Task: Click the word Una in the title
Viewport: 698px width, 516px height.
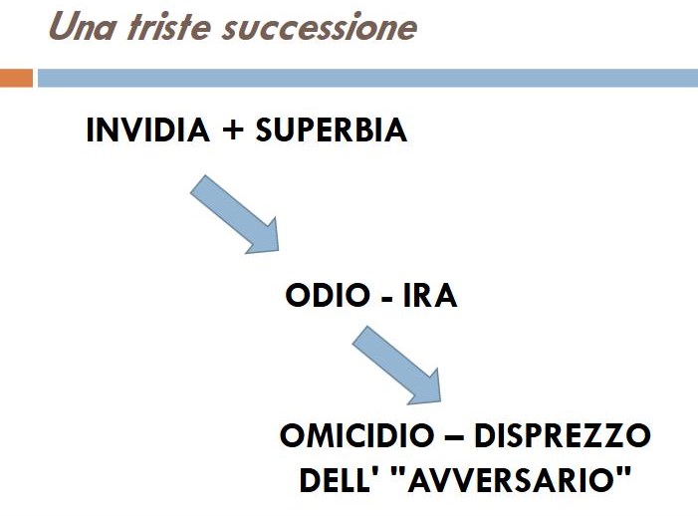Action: click(82, 26)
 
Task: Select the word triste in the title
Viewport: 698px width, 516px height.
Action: click(168, 26)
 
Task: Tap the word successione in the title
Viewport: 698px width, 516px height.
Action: click(320, 27)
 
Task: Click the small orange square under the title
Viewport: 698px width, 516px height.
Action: click(16, 78)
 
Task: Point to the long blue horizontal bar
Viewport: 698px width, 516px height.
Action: click(367, 78)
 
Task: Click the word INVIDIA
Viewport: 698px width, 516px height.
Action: click(147, 130)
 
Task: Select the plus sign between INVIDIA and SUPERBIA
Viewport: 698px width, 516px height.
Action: click(232, 130)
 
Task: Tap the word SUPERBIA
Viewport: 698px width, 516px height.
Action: click(332, 130)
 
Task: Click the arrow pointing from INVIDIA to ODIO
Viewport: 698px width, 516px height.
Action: click(235, 215)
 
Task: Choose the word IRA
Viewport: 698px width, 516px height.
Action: click(430, 295)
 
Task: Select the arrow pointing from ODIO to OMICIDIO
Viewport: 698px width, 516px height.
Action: click(397, 366)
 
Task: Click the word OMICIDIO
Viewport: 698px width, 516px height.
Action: click(357, 435)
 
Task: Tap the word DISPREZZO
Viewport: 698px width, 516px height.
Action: click(563, 435)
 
